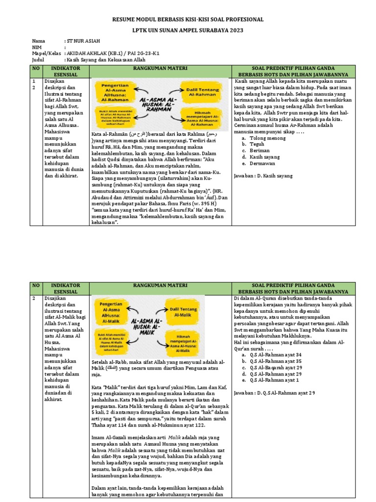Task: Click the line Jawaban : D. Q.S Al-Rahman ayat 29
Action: point(274,393)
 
